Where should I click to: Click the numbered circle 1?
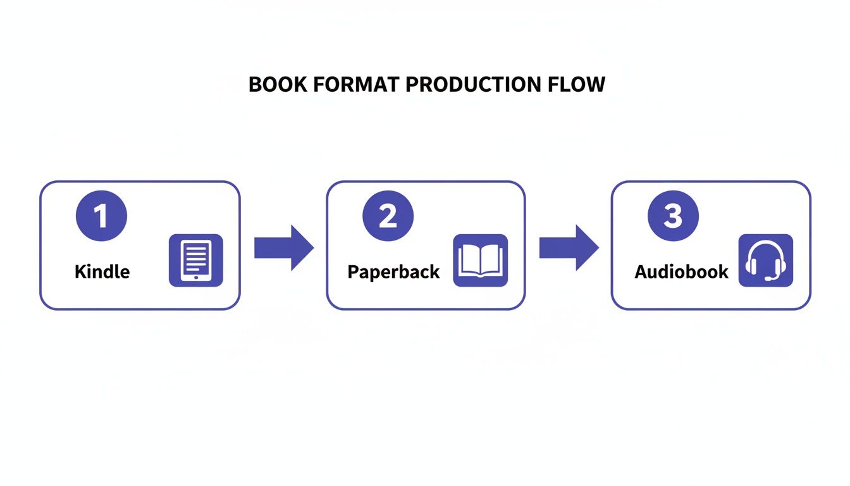101,216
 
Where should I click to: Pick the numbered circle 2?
388,216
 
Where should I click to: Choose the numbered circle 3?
673,216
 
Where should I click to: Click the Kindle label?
102,272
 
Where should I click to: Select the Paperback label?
393,272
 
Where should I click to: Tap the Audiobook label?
681,272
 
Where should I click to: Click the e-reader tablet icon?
196,260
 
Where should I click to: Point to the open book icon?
481,260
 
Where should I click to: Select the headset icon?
766,260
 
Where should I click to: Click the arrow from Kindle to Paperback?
283,247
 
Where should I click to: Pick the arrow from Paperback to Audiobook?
569,247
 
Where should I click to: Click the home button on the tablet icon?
196,277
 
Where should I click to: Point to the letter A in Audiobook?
641,272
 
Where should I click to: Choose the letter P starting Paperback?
353,272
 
